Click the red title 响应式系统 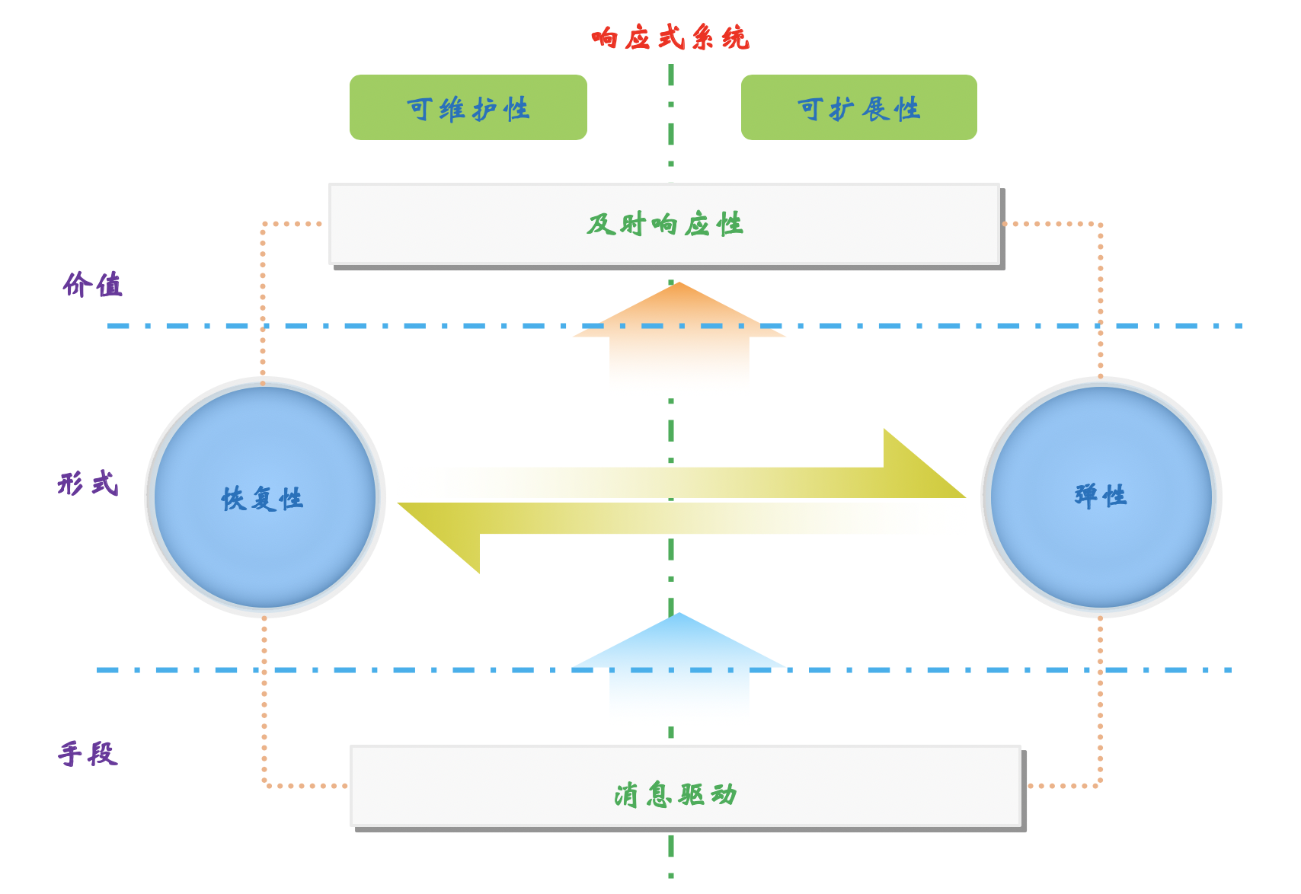(670, 37)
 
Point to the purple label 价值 (92, 285)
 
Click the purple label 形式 (88, 484)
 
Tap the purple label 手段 (88, 754)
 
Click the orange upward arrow (679, 327)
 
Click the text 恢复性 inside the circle (262, 499)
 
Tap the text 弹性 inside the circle (1101, 496)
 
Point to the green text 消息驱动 (676, 794)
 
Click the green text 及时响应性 (665, 225)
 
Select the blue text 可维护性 (468, 110)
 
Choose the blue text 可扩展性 (858, 110)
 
